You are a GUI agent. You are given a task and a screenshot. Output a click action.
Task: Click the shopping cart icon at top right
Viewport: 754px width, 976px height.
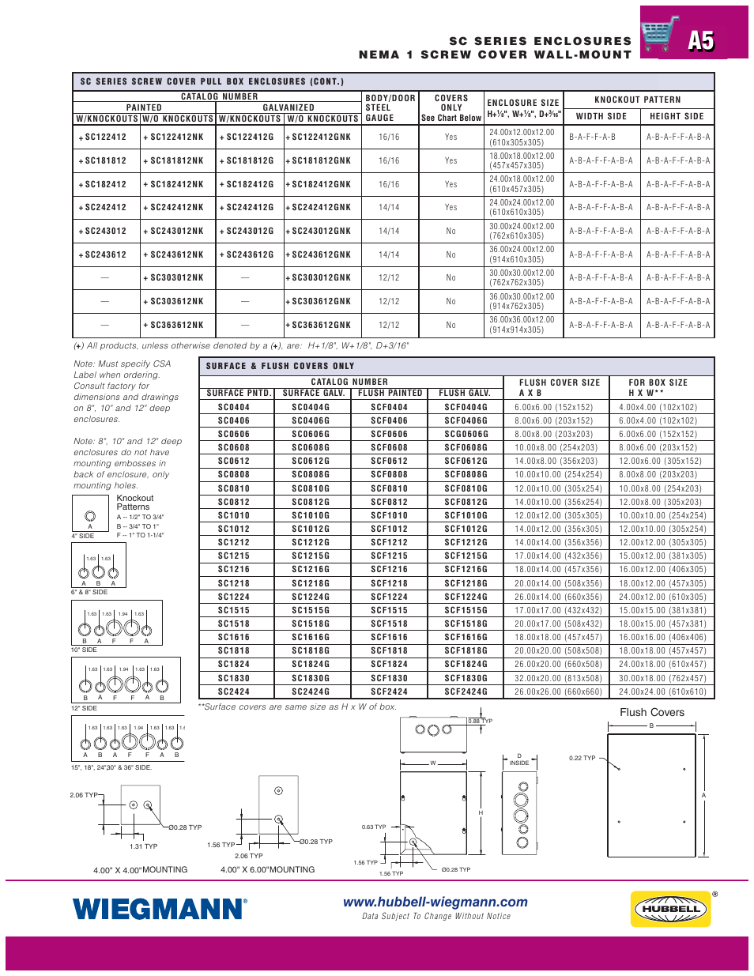click(660, 34)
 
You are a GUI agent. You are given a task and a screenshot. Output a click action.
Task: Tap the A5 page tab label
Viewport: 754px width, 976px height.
click(700, 40)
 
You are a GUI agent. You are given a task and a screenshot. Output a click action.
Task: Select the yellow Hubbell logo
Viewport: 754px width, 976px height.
click(671, 909)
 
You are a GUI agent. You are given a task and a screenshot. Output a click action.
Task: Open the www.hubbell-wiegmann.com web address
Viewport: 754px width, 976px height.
click(435, 902)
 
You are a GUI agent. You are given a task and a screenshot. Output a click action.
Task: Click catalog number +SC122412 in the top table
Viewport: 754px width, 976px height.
click(104, 138)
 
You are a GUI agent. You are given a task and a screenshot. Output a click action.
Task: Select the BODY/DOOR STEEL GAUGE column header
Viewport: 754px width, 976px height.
click(390, 108)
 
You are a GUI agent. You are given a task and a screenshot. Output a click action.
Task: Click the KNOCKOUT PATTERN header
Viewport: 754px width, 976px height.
click(637, 100)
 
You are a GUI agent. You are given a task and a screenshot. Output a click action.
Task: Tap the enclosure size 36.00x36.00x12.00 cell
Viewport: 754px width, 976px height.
click(522, 325)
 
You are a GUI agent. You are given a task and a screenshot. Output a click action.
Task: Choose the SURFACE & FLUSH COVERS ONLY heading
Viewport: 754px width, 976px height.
click(280, 366)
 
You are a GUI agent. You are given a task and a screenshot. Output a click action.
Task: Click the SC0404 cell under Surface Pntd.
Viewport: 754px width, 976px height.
click(234, 408)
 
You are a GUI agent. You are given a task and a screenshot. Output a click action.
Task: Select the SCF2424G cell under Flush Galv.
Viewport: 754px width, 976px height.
click(466, 691)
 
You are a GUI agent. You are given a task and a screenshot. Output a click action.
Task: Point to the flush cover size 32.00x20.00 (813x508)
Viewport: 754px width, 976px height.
click(558, 678)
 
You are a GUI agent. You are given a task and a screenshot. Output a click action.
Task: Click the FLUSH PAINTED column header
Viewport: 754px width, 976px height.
click(390, 393)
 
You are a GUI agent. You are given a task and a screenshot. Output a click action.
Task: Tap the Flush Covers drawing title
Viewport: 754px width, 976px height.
click(652, 712)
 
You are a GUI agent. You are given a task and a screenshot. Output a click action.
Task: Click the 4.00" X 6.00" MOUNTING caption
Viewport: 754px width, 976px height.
click(267, 869)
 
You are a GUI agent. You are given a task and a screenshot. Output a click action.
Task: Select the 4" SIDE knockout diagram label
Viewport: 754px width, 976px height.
click(83, 536)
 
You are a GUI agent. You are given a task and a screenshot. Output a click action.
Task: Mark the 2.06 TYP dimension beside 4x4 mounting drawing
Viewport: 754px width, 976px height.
click(83, 795)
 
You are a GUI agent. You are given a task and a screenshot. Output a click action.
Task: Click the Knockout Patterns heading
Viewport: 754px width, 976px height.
click(135, 503)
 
